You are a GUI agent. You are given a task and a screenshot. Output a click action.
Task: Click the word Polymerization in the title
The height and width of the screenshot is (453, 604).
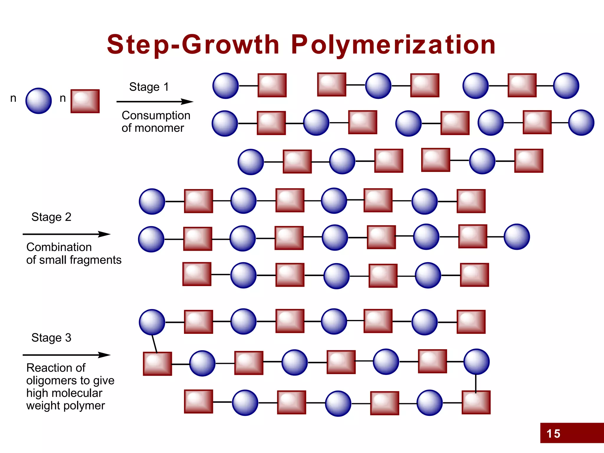393,45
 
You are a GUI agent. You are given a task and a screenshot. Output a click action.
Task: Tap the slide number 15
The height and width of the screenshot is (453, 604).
553,434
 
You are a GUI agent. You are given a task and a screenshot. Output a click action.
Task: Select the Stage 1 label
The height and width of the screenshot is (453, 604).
149,87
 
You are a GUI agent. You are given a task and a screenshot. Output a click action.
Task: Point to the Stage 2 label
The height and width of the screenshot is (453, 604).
51,217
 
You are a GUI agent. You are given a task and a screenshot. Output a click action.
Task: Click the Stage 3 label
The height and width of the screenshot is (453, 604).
51,338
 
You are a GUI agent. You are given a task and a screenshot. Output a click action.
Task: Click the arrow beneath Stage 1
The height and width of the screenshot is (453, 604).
155,102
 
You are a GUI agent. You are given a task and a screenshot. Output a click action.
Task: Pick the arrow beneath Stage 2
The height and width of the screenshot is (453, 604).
66,234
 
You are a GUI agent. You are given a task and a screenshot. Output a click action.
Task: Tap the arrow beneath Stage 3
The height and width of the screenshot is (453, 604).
66,355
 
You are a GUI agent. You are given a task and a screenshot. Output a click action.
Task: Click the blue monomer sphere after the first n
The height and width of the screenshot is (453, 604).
39,101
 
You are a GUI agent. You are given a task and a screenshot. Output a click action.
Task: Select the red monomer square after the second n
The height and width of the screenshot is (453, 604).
85,101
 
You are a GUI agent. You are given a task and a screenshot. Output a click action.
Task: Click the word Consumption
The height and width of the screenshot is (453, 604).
156,116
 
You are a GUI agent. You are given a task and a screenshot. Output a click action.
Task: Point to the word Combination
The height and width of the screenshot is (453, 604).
59,247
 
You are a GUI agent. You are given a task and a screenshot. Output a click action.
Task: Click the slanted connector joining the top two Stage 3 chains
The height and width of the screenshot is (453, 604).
154,344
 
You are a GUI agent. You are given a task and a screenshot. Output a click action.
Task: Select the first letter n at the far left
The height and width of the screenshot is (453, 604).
13,98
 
